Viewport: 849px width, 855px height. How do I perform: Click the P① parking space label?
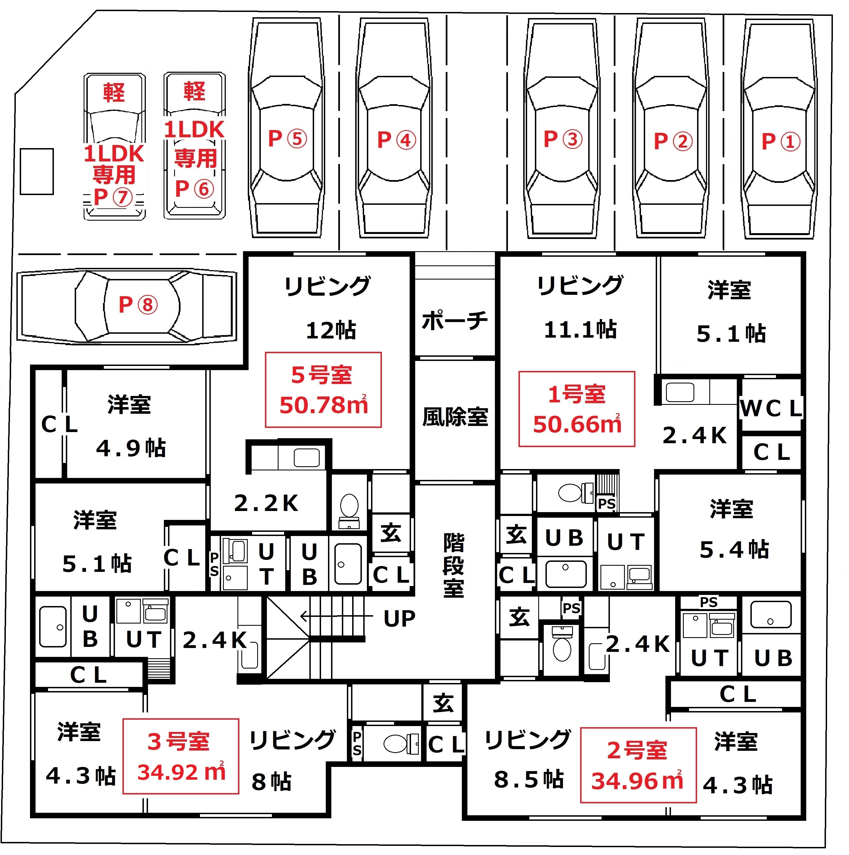click(x=781, y=141)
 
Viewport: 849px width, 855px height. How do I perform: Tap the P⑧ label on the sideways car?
click(x=138, y=305)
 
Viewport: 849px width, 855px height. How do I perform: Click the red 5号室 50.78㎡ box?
click(x=323, y=390)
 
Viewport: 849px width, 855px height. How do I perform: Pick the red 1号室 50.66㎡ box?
click(x=577, y=409)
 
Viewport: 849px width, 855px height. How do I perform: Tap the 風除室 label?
click(x=455, y=417)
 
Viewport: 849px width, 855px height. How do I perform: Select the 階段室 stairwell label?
click(x=454, y=565)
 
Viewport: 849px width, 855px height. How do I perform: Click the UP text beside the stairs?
click(x=399, y=619)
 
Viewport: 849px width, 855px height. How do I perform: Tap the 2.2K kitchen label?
click(x=266, y=503)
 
